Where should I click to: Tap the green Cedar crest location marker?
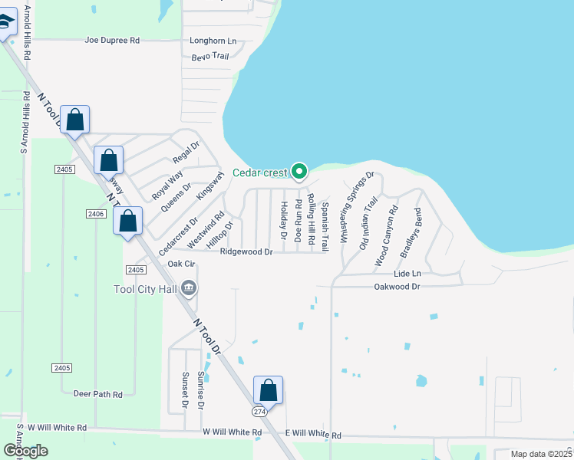click(x=301, y=171)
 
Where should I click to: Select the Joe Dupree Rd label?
click(x=112, y=40)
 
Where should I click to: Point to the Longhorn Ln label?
click(x=213, y=41)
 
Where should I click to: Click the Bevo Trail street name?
click(x=210, y=56)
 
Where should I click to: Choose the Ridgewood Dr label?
click(x=246, y=251)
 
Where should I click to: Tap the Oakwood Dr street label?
click(x=397, y=286)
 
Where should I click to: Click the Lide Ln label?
click(x=407, y=273)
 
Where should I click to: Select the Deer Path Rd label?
click(x=97, y=394)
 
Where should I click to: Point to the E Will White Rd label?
click(x=313, y=434)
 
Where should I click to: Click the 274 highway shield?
click(x=264, y=412)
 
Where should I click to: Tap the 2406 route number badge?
click(x=96, y=213)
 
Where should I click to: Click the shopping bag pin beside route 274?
click(x=269, y=391)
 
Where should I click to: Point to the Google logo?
click(x=25, y=451)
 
